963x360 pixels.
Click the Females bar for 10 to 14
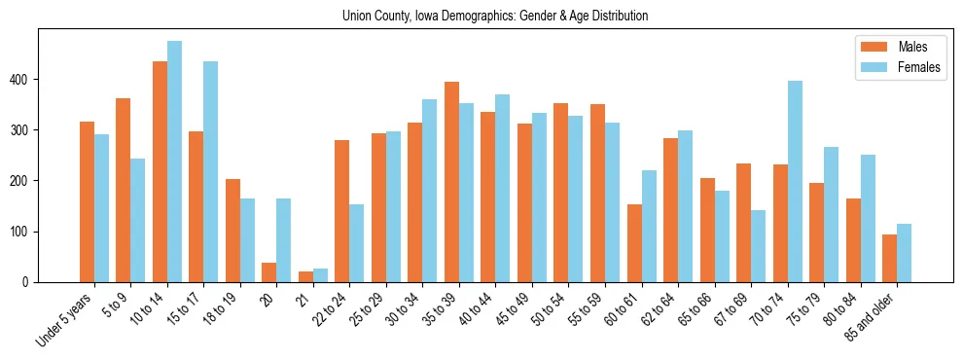point(174,162)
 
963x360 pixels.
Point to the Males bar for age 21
point(305,277)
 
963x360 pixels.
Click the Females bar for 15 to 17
point(211,171)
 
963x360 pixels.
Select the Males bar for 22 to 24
point(341,211)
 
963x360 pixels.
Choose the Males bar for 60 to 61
point(634,243)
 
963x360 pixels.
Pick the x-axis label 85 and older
point(874,317)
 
